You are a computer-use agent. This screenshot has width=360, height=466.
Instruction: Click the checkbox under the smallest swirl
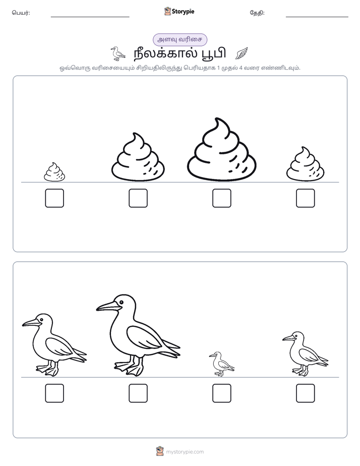pos(54,198)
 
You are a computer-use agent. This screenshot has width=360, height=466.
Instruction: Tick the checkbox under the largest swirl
pos(221,198)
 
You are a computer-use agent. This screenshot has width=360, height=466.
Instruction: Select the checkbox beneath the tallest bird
pos(138,393)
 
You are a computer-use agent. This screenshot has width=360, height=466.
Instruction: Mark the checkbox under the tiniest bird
pos(221,393)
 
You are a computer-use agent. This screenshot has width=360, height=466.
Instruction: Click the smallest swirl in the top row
pos(54,172)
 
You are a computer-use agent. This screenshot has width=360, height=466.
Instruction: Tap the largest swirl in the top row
pos(221,149)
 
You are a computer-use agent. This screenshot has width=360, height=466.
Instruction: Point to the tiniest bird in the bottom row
pos(221,364)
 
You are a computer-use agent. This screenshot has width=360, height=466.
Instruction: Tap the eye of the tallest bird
pos(121,302)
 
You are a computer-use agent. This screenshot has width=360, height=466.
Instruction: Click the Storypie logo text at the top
pos(183,12)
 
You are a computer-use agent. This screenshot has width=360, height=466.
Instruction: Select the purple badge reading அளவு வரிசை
pos(179,39)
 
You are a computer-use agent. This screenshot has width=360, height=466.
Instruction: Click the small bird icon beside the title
pos(117,53)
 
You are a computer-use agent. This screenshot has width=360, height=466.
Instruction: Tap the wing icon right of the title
pos(242,53)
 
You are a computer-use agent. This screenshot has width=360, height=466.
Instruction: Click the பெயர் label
pos(21,13)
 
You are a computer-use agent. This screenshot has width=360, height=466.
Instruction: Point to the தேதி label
pos(257,13)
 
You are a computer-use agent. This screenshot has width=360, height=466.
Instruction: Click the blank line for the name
pos(90,17)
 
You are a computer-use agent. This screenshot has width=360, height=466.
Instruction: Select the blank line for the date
pos(317,17)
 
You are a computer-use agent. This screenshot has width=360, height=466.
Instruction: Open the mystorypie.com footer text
pos(185,452)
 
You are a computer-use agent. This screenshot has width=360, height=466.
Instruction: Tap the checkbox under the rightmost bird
pos(306,393)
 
